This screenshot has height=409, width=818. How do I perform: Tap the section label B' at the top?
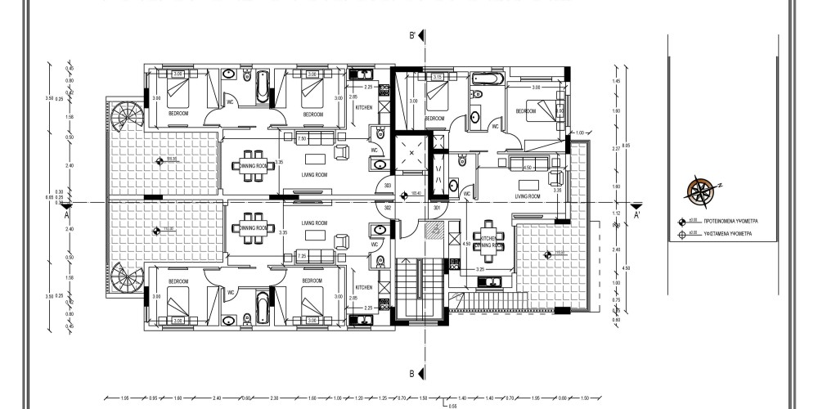pos(414,37)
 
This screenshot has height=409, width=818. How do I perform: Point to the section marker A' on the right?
pos(637,216)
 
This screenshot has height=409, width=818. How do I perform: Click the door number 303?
pos(388,187)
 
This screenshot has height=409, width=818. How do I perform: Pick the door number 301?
pos(438,208)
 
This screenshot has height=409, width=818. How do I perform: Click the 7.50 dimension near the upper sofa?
pos(302,138)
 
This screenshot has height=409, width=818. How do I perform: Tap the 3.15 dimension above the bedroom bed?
pos(438,78)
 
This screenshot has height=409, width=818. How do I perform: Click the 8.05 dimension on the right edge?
pos(627,147)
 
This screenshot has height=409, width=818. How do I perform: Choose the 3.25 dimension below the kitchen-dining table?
pos(483,267)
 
